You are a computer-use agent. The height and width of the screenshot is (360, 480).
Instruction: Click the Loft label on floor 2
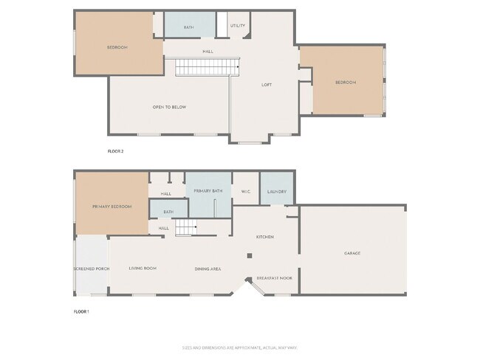point(267,85)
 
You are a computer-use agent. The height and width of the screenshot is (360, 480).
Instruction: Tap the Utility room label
point(238,26)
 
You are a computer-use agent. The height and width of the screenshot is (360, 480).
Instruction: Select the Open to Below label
point(169,107)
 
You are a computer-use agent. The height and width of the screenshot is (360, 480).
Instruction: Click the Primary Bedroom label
point(112,207)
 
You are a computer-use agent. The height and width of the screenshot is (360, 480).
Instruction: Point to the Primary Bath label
point(208,191)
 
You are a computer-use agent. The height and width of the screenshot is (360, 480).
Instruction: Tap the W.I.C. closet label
point(246,192)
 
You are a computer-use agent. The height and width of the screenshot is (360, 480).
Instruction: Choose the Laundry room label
point(277,192)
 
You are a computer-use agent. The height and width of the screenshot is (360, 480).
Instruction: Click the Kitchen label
point(265,237)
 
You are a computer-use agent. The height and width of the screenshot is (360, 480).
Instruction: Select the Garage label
point(352,253)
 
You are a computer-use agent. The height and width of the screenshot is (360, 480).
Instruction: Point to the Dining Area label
point(208,269)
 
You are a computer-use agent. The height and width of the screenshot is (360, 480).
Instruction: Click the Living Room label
point(143,269)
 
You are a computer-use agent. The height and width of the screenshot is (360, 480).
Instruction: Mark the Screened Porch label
point(92,269)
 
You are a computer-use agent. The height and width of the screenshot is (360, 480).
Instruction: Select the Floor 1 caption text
point(81,312)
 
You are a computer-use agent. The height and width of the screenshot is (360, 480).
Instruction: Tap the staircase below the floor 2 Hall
point(208,69)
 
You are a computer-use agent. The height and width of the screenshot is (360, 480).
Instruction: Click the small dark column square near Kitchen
point(250,256)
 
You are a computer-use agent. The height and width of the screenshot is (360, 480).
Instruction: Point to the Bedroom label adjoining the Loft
point(346,83)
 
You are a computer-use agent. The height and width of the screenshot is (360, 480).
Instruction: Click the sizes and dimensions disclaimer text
point(240,347)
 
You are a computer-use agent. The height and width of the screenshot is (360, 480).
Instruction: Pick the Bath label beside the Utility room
point(189,27)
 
